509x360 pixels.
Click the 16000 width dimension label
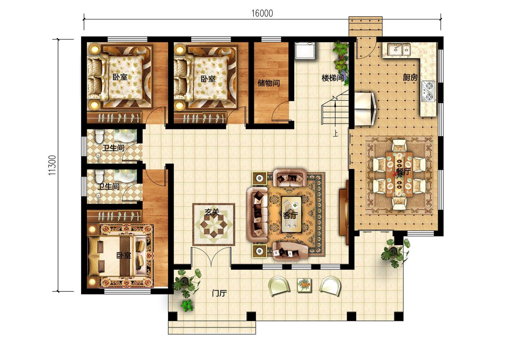(x=262, y=14)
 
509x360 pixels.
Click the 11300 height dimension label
(x=52, y=165)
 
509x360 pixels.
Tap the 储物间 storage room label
(x=269, y=83)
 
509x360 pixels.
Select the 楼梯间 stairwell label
(x=333, y=78)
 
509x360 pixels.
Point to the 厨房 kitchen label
(x=410, y=77)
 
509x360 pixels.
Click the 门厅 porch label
(x=219, y=293)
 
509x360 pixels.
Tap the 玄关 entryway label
(x=212, y=212)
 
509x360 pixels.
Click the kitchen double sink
(x=399, y=50)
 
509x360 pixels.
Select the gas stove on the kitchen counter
(x=429, y=91)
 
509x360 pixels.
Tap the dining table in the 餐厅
(x=399, y=175)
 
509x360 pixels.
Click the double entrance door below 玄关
(x=211, y=257)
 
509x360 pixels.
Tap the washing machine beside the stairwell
(x=305, y=50)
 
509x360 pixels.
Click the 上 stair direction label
(x=336, y=133)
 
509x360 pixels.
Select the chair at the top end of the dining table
(x=399, y=146)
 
